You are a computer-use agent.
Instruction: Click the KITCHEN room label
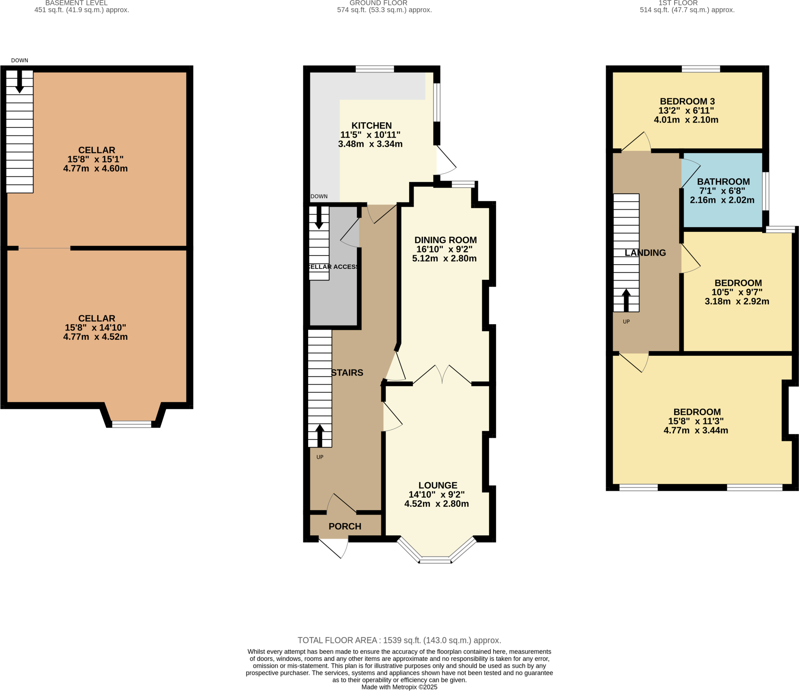(371, 126)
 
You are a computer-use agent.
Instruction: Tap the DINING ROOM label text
(445, 240)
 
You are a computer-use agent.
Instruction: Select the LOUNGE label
(437, 485)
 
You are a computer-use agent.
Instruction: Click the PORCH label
(344, 526)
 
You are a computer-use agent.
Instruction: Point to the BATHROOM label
(723, 181)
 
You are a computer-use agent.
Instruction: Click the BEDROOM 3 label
(687, 101)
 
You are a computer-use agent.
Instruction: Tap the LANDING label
(645, 253)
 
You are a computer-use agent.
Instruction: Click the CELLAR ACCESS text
(333, 267)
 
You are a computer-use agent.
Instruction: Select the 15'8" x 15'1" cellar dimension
(95, 159)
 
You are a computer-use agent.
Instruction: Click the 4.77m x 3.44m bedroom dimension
(696, 430)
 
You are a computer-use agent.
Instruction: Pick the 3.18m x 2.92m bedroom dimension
(737, 301)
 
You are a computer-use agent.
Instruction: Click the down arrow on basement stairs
(19, 82)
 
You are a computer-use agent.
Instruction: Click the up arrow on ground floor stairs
(320, 435)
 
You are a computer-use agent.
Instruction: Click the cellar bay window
(131, 424)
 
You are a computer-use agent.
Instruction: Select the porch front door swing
(335, 547)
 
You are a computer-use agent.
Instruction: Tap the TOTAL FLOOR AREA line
(399, 640)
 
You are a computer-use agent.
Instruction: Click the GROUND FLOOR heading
(378, 3)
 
